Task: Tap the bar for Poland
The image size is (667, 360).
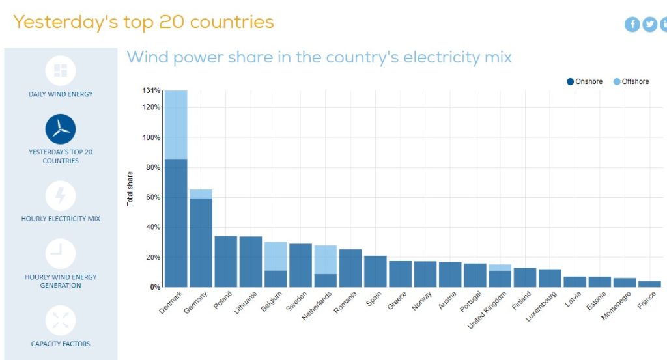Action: click(x=226, y=261)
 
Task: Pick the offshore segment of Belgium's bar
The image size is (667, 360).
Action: click(x=276, y=256)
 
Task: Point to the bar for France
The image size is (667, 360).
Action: click(x=649, y=284)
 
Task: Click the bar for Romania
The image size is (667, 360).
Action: click(x=350, y=268)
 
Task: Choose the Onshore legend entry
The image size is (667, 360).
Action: click(x=585, y=81)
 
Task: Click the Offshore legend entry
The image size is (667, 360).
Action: click(x=631, y=81)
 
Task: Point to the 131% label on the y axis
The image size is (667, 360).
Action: click(x=151, y=90)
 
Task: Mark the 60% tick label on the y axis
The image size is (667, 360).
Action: click(x=152, y=197)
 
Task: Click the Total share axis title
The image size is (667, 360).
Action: click(x=130, y=189)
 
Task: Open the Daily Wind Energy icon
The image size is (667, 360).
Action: click(x=61, y=70)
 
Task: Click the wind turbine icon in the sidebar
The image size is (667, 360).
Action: click(x=61, y=128)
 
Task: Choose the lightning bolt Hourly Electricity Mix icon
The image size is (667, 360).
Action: click(x=61, y=195)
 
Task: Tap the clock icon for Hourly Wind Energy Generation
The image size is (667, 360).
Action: click(x=61, y=253)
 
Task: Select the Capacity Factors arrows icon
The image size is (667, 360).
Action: click(x=61, y=320)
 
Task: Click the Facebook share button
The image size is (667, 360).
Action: click(x=632, y=24)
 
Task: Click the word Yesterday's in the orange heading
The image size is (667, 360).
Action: click(x=66, y=21)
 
